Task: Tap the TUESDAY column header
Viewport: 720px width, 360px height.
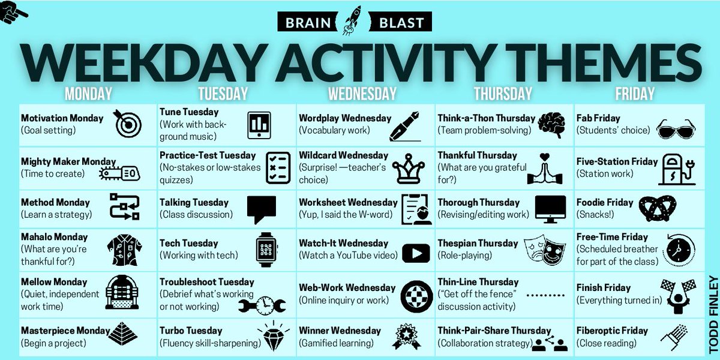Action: coord(222,94)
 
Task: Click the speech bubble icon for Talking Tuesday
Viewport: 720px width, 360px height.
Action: coord(262,209)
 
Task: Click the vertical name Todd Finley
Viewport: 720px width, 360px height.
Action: coord(713,313)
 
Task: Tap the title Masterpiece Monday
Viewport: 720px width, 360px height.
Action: coord(65,331)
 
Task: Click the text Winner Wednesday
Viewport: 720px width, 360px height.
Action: coord(340,331)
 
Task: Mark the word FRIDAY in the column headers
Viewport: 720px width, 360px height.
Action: coord(635,94)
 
